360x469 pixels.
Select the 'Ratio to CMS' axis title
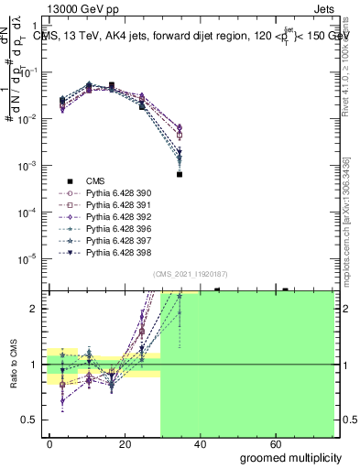click(x=13, y=365)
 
